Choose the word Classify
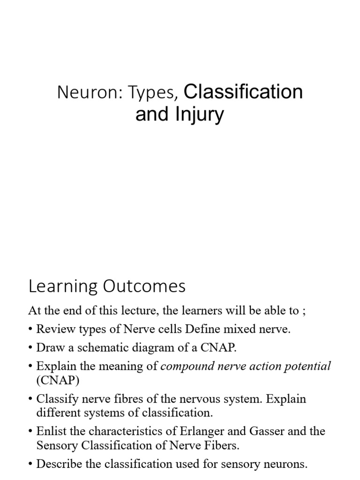point(57,399)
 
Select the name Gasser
point(267,431)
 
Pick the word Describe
point(60,464)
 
